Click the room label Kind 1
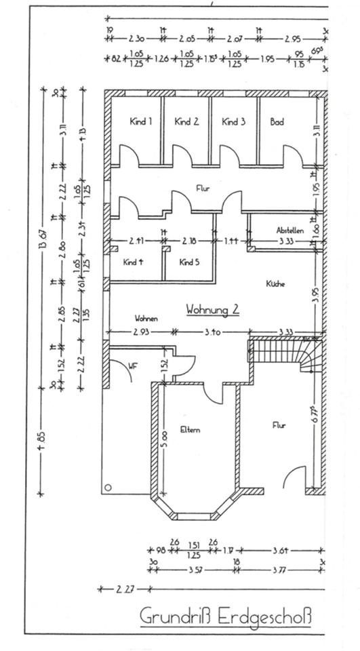click(140, 122)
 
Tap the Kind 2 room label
click(186, 122)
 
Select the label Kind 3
click(233, 122)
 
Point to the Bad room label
click(277, 122)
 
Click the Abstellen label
click(289, 230)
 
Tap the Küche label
click(275, 284)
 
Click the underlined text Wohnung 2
click(212, 309)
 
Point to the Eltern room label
click(191, 429)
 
